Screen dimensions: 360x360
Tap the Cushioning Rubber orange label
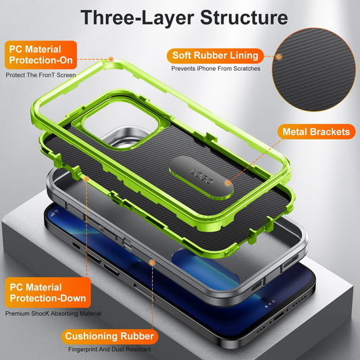click(110, 336)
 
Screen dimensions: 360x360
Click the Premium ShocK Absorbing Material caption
click(53, 313)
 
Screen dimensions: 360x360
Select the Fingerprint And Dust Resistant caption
click(109, 349)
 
